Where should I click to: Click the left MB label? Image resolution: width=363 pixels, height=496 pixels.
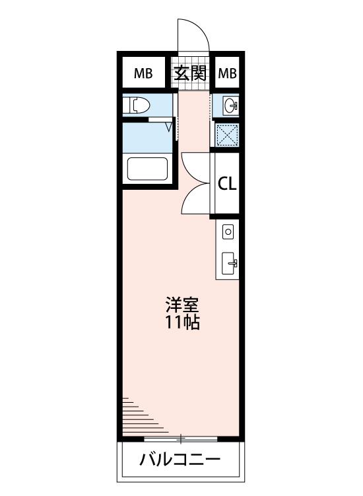pyautogui.click(x=143, y=73)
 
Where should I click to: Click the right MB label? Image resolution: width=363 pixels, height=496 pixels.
pyautogui.click(x=227, y=73)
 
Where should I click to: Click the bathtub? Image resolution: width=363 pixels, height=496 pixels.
pyautogui.click(x=147, y=169)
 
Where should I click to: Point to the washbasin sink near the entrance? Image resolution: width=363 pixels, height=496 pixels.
pyautogui.click(x=230, y=105)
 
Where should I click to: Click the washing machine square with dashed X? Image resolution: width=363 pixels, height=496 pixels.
pyautogui.click(x=226, y=135)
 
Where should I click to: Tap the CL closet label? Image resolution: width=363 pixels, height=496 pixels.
pyautogui.click(x=227, y=183)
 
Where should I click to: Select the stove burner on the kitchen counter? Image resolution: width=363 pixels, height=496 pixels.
pyautogui.click(x=228, y=232)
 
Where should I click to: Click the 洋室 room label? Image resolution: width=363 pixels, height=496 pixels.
pyautogui.click(x=182, y=305)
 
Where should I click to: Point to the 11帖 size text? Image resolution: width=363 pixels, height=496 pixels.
pyautogui.click(x=182, y=323)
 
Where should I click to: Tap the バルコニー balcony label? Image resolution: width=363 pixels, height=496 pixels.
pyautogui.click(x=180, y=460)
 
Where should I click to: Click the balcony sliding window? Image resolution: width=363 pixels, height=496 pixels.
pyautogui.click(x=181, y=438)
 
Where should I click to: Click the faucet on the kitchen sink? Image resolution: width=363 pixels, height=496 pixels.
pyautogui.click(x=234, y=263)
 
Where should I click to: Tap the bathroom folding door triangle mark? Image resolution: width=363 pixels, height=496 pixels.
pyautogui.click(x=170, y=127)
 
